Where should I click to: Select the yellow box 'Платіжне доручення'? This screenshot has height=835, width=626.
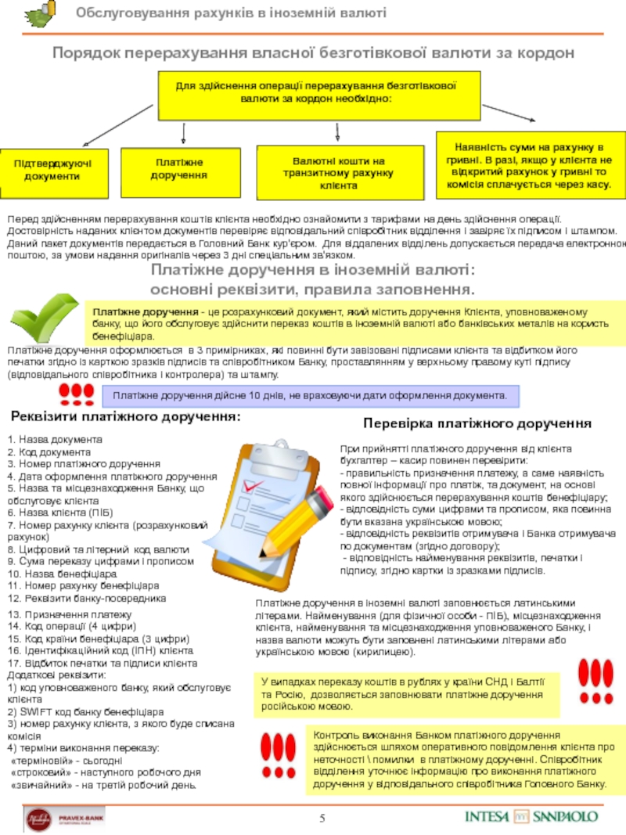[x=179, y=169]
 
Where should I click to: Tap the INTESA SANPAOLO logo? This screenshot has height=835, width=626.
[x=531, y=815]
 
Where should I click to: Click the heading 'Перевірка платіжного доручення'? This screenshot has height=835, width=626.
[x=477, y=423]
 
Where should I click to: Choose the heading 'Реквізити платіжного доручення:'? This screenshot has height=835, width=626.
[x=125, y=416]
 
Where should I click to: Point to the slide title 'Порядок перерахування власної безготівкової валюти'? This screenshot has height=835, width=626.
[x=313, y=52]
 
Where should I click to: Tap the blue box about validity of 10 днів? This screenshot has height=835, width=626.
[x=311, y=396]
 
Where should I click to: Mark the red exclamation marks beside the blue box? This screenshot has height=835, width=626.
[x=77, y=391]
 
